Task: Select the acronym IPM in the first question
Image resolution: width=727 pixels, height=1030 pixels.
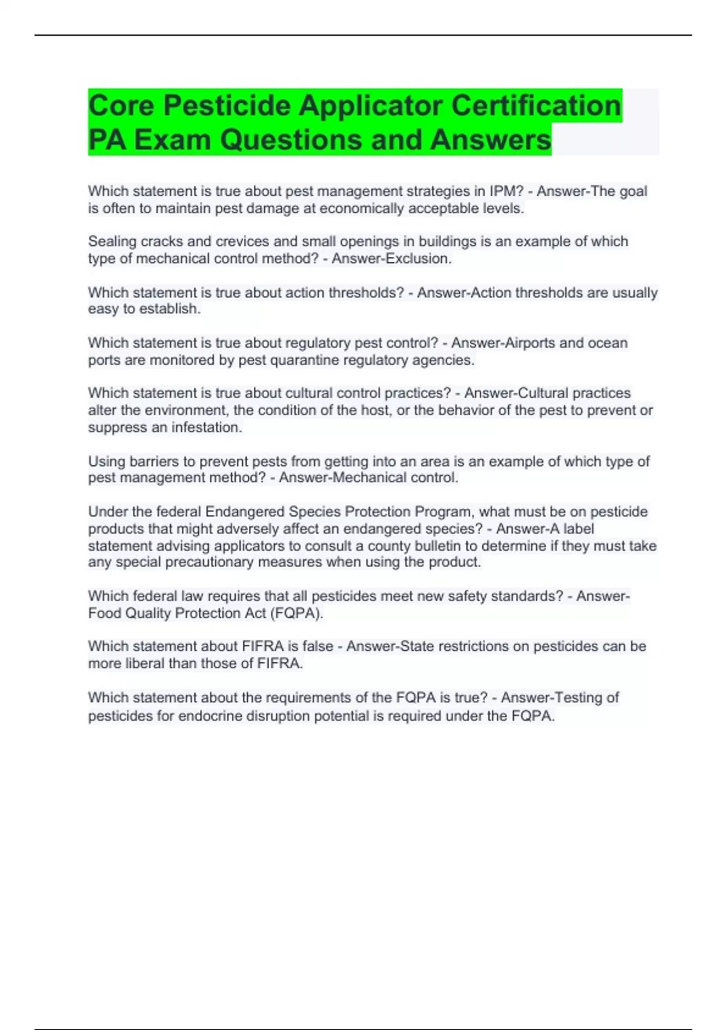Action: point(506,191)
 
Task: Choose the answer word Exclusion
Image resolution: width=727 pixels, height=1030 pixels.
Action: point(422,259)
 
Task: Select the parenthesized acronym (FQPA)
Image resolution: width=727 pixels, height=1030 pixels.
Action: point(296,613)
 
